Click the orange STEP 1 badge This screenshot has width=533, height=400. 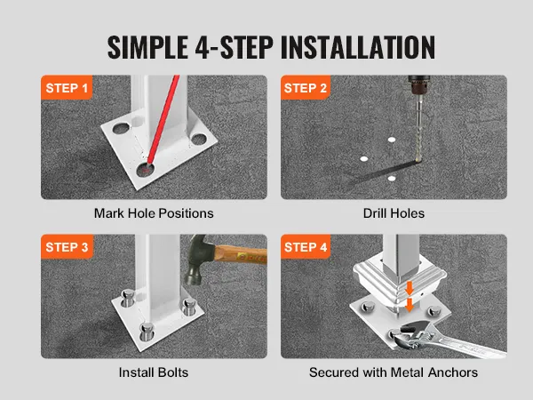[67, 87]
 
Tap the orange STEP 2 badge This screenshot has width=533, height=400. [306, 87]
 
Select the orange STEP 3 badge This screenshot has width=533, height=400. [67, 246]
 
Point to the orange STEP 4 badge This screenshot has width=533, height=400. [306, 246]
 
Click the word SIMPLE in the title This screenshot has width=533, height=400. [147, 47]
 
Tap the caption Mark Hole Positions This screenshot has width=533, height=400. [154, 213]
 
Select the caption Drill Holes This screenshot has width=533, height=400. [394, 213]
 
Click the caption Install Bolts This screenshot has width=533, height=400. [154, 372]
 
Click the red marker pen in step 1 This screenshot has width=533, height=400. [163, 120]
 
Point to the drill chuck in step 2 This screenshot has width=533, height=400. [418, 84]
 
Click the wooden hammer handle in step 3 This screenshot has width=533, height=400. [242, 254]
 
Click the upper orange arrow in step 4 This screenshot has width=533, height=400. [410, 288]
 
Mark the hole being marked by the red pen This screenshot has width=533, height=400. [145, 170]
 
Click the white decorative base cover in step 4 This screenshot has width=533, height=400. [400, 280]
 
